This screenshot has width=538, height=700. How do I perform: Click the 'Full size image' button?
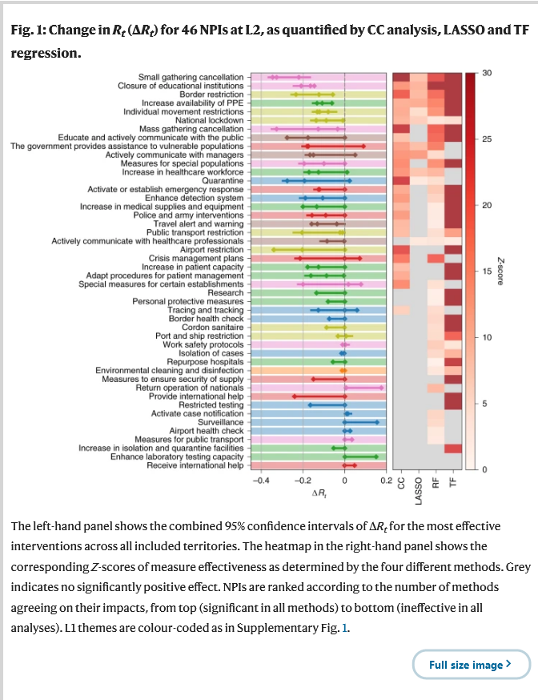coord(471,664)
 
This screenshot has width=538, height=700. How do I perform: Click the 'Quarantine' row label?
coord(223,181)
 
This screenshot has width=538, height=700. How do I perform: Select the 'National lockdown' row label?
coord(209,120)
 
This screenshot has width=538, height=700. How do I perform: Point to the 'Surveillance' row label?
coord(221,422)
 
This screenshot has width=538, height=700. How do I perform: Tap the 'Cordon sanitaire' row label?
coord(212,328)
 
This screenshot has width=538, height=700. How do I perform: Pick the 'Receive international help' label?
coord(195,465)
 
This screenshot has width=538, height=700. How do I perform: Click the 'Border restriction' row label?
coord(211,95)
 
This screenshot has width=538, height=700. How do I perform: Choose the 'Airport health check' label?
coord(207,431)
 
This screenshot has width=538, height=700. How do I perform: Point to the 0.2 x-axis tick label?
coord(387,481)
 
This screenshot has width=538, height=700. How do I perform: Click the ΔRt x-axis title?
coord(319,493)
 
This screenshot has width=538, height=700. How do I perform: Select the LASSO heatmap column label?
coord(419,491)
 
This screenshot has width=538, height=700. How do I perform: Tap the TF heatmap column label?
coord(453,483)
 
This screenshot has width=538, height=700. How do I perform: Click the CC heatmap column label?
coord(401,483)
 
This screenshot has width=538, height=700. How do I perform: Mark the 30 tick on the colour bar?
coord(487,73)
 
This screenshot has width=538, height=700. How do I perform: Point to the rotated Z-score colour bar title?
coord(500,271)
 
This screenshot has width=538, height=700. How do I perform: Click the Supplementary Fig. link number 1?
coord(344,628)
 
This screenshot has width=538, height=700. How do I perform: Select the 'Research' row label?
coord(226,293)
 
